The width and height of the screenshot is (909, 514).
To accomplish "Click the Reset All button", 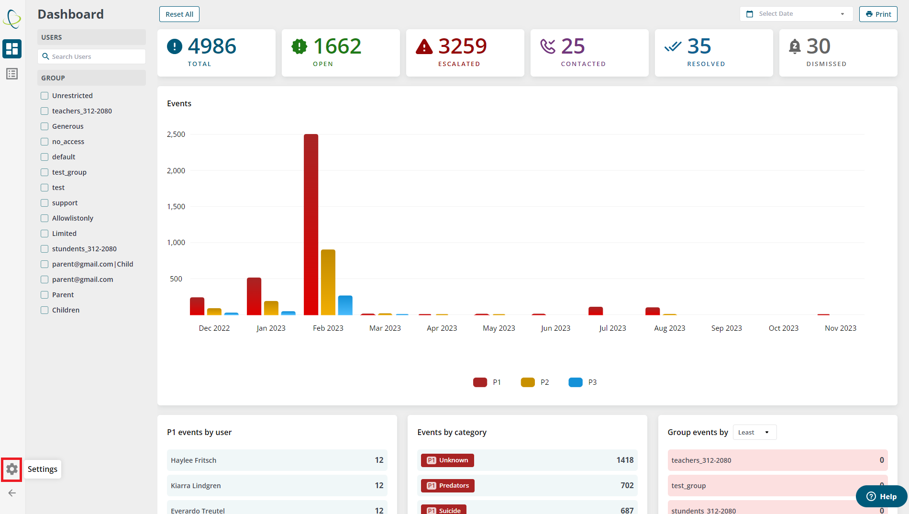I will (179, 14).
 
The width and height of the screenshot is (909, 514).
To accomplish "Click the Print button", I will (878, 14).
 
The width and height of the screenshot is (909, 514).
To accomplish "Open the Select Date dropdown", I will (796, 14).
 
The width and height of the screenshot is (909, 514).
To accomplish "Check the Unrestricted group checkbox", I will (44, 96).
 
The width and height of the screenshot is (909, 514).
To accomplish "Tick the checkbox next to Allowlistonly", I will (44, 218).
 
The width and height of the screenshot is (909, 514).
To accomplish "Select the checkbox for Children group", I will (44, 310).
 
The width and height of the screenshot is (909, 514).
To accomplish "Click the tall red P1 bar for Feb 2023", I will (311, 225).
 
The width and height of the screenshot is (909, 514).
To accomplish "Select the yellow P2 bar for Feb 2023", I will (328, 282).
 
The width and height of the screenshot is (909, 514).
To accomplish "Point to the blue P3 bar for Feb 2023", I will (345, 305).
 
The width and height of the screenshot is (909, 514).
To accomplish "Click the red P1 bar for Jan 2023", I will (254, 296).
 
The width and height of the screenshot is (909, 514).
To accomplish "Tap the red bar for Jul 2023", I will (596, 311).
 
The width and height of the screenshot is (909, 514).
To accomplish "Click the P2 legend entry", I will (535, 382).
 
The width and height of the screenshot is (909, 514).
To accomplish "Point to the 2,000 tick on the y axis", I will (176, 171).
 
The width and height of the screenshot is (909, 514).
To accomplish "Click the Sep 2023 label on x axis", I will (726, 328).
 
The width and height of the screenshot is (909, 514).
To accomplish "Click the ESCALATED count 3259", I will (462, 46).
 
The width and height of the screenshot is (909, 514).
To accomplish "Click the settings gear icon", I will (12, 469).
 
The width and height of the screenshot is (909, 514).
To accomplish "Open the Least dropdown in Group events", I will (754, 433).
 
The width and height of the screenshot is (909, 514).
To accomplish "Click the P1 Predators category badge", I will (448, 486).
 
